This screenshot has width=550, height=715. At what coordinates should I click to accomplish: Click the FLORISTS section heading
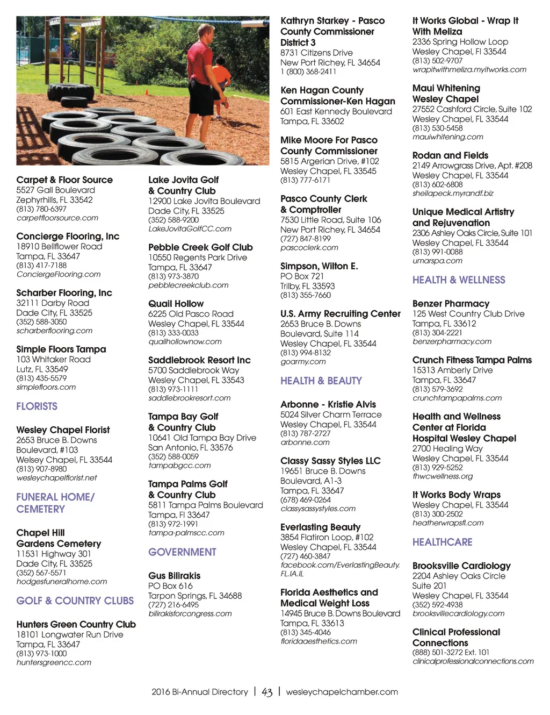point(37,406)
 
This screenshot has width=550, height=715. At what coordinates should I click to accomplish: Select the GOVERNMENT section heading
point(182,552)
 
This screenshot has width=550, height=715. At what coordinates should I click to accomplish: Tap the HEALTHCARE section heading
point(442,542)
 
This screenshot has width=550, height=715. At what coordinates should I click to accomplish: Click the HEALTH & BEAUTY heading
point(321,381)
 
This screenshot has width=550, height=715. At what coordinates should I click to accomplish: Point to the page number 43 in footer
point(267,692)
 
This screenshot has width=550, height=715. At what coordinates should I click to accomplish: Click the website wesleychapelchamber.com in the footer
point(342,692)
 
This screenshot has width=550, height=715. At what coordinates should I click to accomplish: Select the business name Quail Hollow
point(176,304)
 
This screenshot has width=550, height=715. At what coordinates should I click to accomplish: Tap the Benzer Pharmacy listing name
point(451,304)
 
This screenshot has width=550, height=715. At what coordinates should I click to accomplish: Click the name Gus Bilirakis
point(174,576)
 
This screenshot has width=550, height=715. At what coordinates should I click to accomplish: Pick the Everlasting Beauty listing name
point(320,527)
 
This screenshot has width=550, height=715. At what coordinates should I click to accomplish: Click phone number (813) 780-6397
point(41,209)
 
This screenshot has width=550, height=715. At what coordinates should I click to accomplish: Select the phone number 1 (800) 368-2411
point(308,71)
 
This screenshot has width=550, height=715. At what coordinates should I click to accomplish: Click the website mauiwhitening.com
point(440,137)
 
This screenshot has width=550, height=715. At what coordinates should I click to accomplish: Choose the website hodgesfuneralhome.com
point(62,582)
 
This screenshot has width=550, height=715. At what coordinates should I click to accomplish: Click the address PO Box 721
point(302,276)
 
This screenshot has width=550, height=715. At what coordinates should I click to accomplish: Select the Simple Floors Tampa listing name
point(61,349)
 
